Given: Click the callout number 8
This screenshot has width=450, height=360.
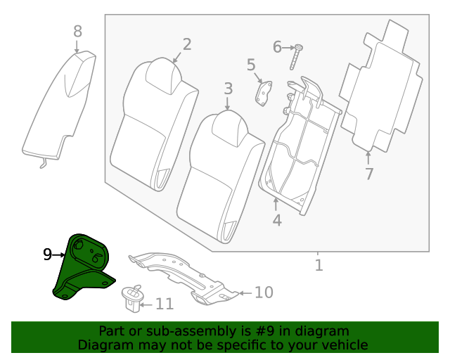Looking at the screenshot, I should pos(77,31).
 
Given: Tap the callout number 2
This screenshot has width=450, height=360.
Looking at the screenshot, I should pos(186,44).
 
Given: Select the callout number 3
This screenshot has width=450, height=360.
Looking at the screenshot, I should pos(228,89).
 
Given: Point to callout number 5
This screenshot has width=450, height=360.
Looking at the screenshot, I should pos(251,65).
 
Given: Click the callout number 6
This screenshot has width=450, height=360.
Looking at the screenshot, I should pos(277,47).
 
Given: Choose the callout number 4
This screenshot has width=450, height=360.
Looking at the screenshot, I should pos(277,220).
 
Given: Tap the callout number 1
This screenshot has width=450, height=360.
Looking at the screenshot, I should pos(318,265).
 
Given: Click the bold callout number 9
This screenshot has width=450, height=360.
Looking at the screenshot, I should pos(48,255).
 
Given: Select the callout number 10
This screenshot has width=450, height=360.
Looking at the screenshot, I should pos(263,292).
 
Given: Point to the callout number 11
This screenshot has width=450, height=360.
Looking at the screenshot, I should pos(164,304).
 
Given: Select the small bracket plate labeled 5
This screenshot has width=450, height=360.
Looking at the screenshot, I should pos(264,93).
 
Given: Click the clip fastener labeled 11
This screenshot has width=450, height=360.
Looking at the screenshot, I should pos(131,298).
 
